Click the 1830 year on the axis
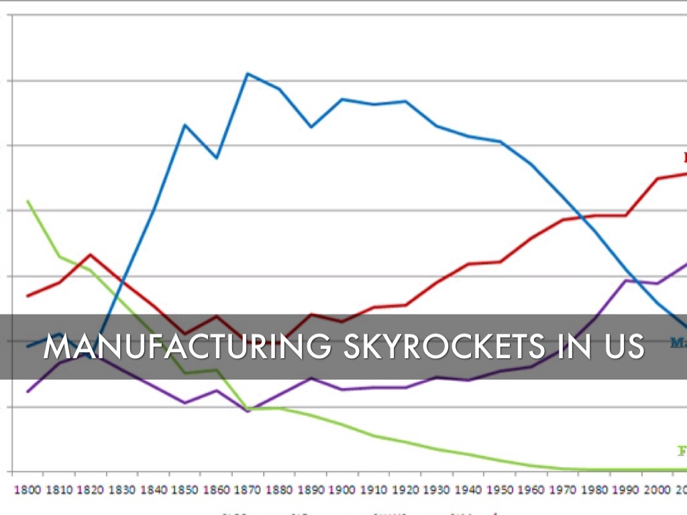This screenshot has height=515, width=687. pos(121,490)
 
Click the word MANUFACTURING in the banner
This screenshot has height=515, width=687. pos(187,347)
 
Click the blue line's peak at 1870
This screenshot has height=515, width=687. pos(248,73)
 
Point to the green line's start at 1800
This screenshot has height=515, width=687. pos(28,201)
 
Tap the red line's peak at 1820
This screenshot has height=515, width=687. pos(90,255)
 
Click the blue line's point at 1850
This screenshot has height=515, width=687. pos(184,125)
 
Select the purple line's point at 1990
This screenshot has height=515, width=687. pos(627,280)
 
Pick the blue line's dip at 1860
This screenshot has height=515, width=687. pos(216,158)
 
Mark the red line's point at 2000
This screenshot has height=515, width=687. pos(658,178)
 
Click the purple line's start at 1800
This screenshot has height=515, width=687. pos(28,391)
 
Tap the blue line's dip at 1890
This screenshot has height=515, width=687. pos(311,127)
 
